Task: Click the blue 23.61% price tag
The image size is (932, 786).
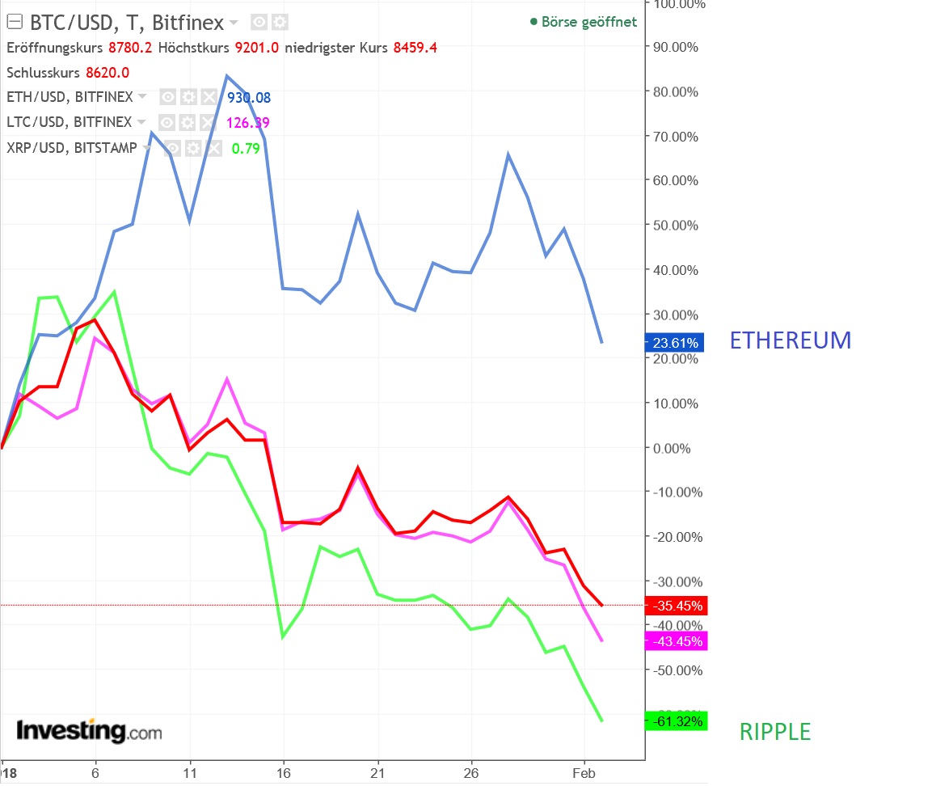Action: pyautogui.click(x=675, y=342)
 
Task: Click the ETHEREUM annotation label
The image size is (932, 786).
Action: pyautogui.click(x=790, y=340)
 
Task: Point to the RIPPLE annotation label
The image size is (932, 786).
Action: pyautogui.click(x=774, y=732)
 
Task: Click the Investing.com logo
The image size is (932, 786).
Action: pyautogui.click(x=89, y=731)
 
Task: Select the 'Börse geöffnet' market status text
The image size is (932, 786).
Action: pyautogui.click(x=588, y=22)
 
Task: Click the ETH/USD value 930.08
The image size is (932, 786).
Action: pyautogui.click(x=249, y=98)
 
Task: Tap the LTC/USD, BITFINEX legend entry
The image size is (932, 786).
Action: pyautogui.click(x=69, y=122)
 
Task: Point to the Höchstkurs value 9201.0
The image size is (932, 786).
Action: pyautogui.click(x=256, y=48)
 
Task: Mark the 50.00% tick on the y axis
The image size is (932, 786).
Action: pyautogui.click(x=673, y=225)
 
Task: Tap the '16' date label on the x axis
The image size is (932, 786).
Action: pyautogui.click(x=284, y=772)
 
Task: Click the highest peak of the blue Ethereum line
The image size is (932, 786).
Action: pyautogui.click(x=226, y=76)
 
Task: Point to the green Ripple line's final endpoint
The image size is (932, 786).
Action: pyautogui.click(x=602, y=720)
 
